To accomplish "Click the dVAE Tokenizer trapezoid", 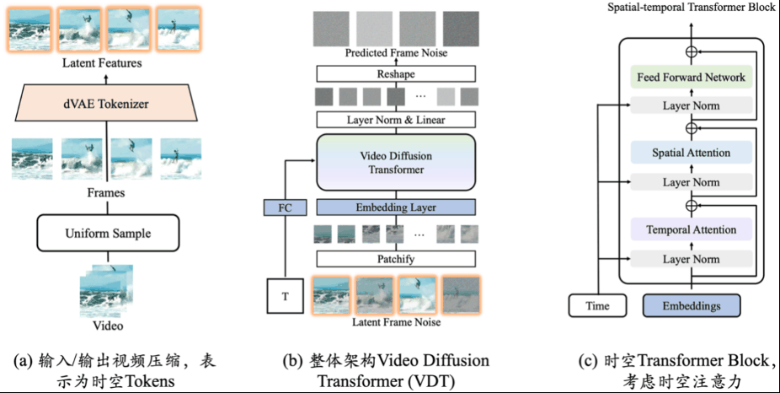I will pos(107,105).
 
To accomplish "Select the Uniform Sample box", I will pos(107,233).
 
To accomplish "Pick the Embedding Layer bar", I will pos(396,207).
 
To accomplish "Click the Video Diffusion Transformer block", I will pos(396,162).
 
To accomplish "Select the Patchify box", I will pos(396,259).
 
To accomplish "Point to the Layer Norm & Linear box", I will pos(396,120).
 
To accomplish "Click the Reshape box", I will pos(396,75).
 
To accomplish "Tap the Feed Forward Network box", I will pos(691,78).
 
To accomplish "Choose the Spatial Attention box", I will pos(691,153).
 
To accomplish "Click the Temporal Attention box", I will pos(691,229).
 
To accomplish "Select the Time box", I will pos(597,305).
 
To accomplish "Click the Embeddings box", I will pos(691,305).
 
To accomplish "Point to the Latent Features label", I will pos(107,62).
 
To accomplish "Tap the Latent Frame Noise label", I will pos(396,322).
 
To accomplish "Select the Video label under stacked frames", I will pos(107,326).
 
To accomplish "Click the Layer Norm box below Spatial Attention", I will pos(691,182).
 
